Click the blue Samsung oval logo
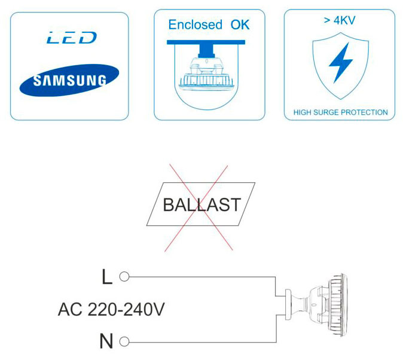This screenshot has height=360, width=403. (69, 80)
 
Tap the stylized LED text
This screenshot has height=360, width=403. (71, 38)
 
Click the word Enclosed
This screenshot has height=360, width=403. (195, 25)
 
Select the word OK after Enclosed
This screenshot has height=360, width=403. (240, 25)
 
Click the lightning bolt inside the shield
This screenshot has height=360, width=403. (340, 62)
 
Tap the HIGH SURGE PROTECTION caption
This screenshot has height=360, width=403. (340, 112)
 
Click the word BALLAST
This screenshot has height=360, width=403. (202, 205)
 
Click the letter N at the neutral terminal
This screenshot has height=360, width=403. (106, 341)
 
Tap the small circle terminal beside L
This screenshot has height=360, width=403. (124, 277)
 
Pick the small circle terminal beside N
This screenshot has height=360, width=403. (124, 342)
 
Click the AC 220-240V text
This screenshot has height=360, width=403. (111, 310)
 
